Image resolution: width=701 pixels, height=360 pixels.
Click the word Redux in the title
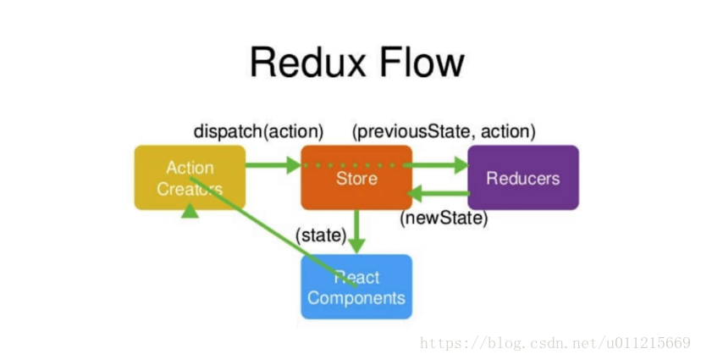pos(304,64)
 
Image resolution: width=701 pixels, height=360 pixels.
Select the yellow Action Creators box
pos(190,177)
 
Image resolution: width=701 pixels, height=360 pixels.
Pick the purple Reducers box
pos(522,177)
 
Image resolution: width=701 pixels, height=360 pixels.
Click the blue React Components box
pos(356,286)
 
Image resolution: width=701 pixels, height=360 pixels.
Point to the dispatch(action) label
pos(258,131)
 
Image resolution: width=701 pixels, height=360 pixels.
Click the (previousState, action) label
pos(444,131)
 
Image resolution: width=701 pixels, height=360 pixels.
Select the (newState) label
pos(444,219)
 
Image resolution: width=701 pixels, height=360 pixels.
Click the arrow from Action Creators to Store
pos(273,165)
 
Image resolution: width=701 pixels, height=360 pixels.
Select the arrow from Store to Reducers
pos(439,165)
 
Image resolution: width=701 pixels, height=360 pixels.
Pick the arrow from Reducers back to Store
pos(439,194)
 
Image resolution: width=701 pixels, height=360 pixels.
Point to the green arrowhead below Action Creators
pos(190,211)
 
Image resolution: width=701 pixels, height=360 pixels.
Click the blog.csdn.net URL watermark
pos(555,343)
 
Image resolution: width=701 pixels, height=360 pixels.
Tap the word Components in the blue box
pos(356,298)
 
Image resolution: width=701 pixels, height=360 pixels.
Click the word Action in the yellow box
pos(190,167)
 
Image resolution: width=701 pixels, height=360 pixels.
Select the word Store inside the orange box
pos(356,179)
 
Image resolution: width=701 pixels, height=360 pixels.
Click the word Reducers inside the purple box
pos(522,178)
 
